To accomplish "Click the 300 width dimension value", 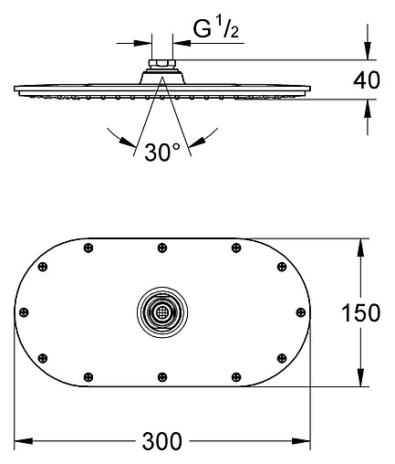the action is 162,441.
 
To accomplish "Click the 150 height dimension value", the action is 361,312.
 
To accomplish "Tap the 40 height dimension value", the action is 367,80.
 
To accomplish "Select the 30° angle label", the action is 162,152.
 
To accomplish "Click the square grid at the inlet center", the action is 162,312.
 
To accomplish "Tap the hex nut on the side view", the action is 162,64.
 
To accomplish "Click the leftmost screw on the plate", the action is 24,312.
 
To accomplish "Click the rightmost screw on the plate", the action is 301,312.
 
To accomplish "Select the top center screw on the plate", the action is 162,248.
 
